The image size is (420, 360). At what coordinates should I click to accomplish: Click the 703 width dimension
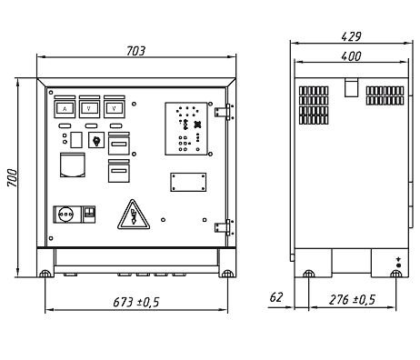[x=135, y=51]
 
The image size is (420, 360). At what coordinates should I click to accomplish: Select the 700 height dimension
[x=13, y=178]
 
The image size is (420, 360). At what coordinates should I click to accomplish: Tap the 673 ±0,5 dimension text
[x=136, y=302]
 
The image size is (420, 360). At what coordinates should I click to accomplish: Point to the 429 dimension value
[x=351, y=36]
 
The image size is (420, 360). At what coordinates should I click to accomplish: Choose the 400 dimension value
[x=351, y=56]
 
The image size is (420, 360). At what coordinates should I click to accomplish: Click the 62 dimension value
[x=276, y=297]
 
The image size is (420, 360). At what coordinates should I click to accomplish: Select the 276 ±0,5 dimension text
[x=352, y=300]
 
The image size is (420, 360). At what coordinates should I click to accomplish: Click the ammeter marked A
[x=65, y=109]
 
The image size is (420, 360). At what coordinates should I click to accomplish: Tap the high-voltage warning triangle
[x=134, y=215]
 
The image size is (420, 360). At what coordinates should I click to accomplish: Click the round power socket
[x=66, y=215]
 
